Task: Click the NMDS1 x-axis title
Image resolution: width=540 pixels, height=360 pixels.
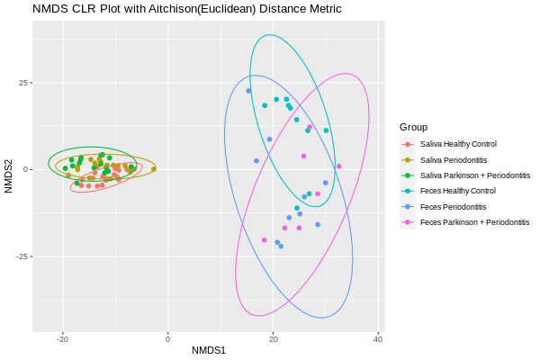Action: click(x=208, y=349)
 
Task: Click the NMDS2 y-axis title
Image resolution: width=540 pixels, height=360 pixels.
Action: click(x=9, y=176)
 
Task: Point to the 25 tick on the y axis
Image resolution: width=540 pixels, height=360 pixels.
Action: click(x=22, y=83)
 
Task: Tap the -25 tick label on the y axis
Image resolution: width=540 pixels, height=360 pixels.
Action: click(x=20, y=256)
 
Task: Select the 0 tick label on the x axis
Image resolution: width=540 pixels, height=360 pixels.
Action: click(x=168, y=338)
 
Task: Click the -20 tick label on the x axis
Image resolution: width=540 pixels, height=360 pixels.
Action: click(x=62, y=338)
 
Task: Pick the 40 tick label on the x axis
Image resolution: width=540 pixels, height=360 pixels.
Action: click(x=379, y=338)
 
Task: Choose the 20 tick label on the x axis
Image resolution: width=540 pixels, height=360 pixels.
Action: click(x=274, y=338)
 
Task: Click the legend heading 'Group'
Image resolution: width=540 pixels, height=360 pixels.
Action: click(x=414, y=127)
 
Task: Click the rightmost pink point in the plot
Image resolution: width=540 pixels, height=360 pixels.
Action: click(x=339, y=166)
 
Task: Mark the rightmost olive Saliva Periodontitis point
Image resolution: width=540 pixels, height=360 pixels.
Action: click(x=154, y=168)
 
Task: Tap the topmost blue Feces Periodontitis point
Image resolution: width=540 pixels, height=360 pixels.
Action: click(x=248, y=91)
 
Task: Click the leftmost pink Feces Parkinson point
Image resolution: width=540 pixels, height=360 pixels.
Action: click(x=265, y=240)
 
